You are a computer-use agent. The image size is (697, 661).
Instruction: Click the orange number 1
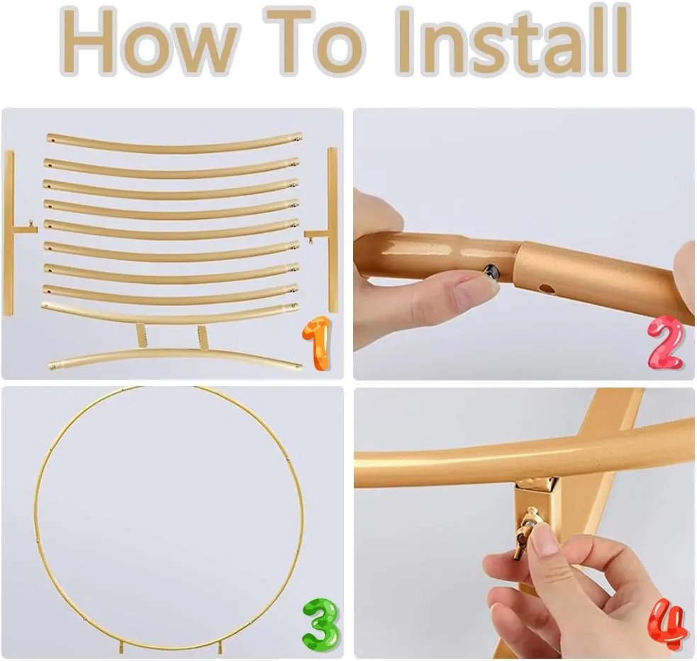tap(317, 343)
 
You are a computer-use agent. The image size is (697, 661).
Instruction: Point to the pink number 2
tap(665, 342)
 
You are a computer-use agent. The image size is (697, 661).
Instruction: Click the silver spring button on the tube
tap(491, 271)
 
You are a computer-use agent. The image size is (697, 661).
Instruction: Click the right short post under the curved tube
tap(203, 338)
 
